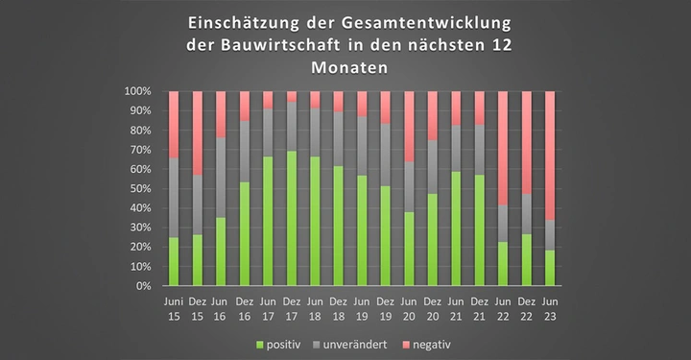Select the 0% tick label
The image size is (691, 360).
(143, 286)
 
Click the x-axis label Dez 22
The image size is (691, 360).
(527, 307)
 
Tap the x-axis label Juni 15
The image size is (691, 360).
(174, 307)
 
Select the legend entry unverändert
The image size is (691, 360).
(364, 343)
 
